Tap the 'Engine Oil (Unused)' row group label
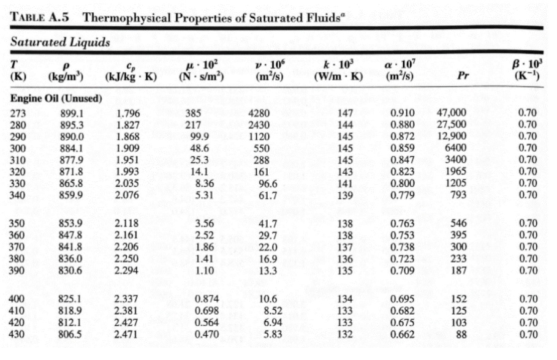[56, 100]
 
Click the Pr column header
[463, 78]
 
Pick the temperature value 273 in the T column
[20, 113]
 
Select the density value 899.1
[70, 113]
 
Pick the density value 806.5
[70, 336]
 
